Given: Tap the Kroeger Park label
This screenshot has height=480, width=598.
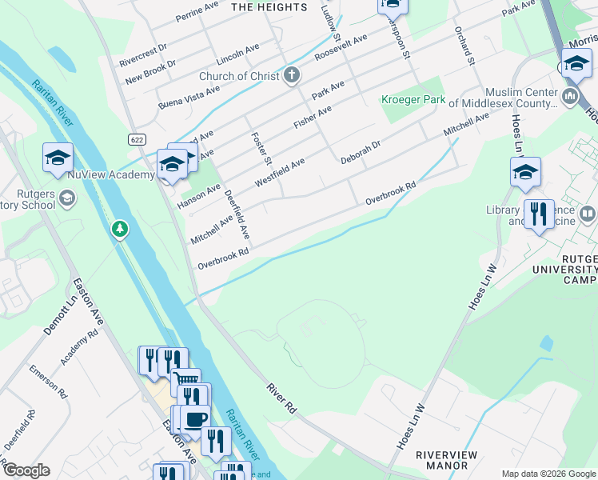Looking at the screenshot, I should (x=413, y=100).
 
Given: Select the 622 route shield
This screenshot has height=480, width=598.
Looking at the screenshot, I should (x=138, y=139).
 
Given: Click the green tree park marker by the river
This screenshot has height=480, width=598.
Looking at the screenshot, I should (x=120, y=230).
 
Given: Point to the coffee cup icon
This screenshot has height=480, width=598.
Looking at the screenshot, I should (x=195, y=418).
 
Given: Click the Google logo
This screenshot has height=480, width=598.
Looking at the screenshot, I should (x=26, y=470).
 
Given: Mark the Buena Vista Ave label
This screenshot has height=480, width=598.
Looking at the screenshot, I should (x=189, y=97).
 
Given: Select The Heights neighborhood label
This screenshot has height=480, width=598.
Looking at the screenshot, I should (x=269, y=7).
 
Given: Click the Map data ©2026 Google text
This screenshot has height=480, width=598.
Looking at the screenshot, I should (x=548, y=473).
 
